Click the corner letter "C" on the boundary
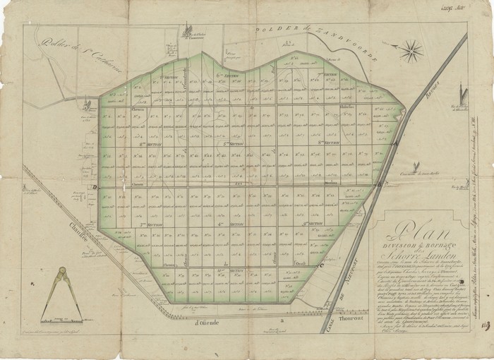coord(321,265)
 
